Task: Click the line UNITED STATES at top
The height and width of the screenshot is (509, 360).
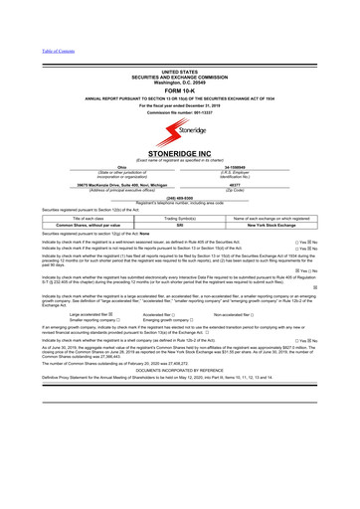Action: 180,73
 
